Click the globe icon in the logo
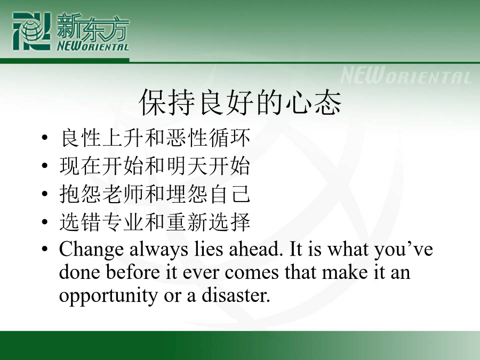point(31,31)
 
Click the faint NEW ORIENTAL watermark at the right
point(406,76)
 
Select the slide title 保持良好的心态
point(240,102)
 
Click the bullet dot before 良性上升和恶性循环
point(45,138)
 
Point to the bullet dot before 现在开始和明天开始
point(45,166)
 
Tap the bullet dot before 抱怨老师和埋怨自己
point(45,194)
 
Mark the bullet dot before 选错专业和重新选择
point(45,222)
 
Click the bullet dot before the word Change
point(45,249)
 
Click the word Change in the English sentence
point(91,250)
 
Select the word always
point(158,250)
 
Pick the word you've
point(404,250)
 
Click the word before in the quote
point(133,272)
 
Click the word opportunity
point(108,297)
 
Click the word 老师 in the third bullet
point(123,194)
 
